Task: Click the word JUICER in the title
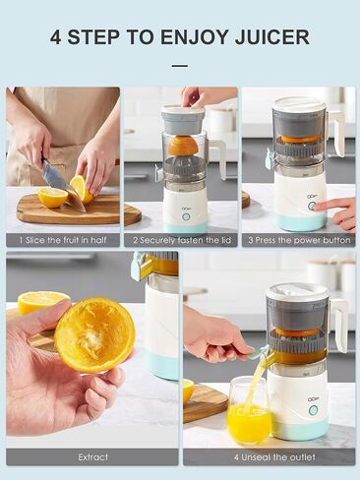pos(272,37)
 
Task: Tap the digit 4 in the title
pos(55,37)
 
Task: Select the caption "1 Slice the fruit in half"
pos(63,240)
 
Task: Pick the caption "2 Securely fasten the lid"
pos(182,240)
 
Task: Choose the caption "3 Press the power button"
pos(299,240)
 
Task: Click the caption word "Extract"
pos(93,457)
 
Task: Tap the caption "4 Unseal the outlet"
pos(274,457)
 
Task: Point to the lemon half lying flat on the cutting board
pos(52,198)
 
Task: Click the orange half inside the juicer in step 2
pos(183,146)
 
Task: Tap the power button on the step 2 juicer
pos(186,217)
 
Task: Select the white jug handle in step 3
pos(336,132)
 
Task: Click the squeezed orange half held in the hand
pos(95,335)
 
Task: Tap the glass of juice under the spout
pos(249,410)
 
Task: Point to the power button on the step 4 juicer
pos(314,410)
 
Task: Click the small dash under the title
pos(180,66)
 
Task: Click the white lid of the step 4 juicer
pos(297,292)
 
